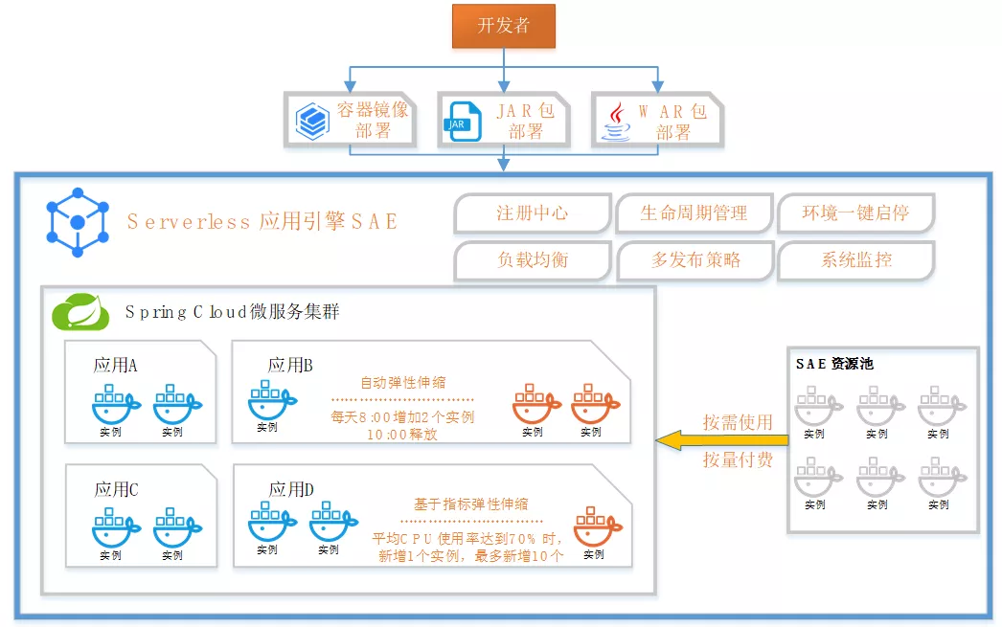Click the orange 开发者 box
click(503, 26)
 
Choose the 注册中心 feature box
click(532, 213)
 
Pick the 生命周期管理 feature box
click(694, 213)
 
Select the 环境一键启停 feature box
click(855, 213)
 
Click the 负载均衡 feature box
click(532, 259)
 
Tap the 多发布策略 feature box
click(694, 259)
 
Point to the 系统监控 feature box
click(855, 259)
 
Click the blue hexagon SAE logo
click(78, 221)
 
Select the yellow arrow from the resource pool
click(722, 440)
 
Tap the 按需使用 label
click(737, 422)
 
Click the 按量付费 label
click(737, 459)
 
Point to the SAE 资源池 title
click(834, 364)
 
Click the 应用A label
click(115, 365)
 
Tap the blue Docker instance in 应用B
click(267, 401)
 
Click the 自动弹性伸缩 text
click(402, 382)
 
